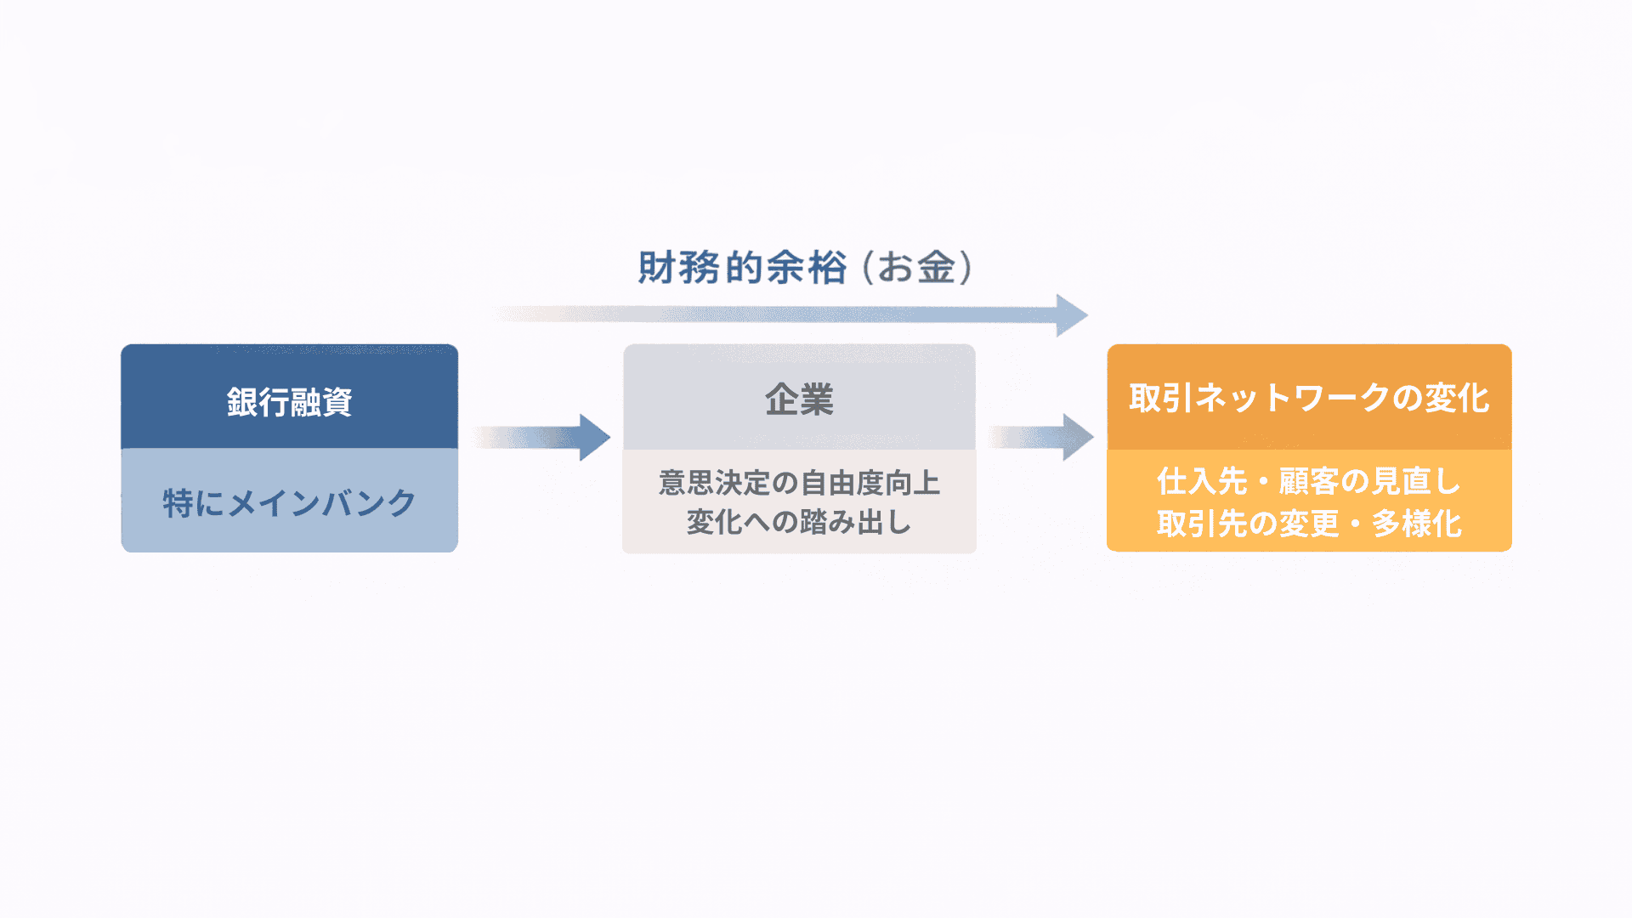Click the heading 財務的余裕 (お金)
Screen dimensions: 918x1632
[x=804, y=268]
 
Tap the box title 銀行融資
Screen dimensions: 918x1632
[x=289, y=402]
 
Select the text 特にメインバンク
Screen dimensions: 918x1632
[x=289, y=503]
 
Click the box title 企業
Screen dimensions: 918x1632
[x=799, y=399]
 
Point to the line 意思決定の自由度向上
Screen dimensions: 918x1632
[x=799, y=483]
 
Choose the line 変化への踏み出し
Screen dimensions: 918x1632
[x=799, y=522]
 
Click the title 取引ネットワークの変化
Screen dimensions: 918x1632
[x=1309, y=398]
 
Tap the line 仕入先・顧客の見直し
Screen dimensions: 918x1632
[x=1309, y=481]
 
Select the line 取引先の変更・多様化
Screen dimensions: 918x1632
[x=1309, y=524]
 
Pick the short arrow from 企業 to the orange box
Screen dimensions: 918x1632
[x=1040, y=438]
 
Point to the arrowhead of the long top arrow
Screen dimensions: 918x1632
[x=1071, y=315]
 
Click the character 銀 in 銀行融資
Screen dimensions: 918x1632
[x=242, y=402]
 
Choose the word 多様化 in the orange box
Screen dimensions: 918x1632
[x=1417, y=524]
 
